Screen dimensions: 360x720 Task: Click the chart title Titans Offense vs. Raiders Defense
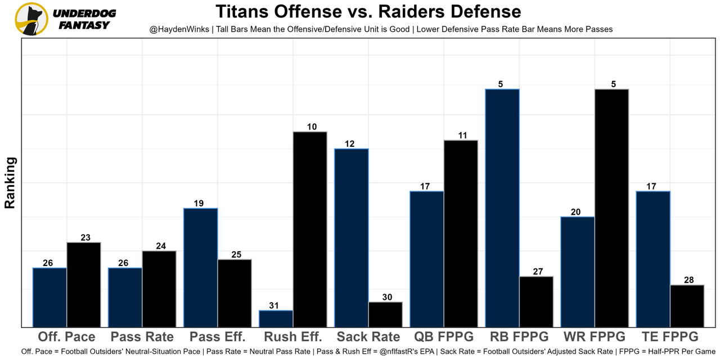tap(368, 11)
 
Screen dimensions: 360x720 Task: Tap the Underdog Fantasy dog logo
tap(31, 19)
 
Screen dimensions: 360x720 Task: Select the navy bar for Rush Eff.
tap(276, 318)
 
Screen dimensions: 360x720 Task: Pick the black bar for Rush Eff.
tap(309, 229)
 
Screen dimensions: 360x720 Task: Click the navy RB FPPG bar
tap(502, 208)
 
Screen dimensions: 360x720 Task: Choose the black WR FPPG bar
tap(611, 208)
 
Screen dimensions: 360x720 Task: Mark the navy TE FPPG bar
tap(652, 259)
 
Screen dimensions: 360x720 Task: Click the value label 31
tap(274, 305)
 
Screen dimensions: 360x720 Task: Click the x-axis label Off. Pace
tap(66, 337)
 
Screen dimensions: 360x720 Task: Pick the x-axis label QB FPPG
tap(444, 337)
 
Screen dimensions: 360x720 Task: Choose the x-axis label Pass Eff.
tap(218, 337)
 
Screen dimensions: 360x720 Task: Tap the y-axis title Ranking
tap(10, 183)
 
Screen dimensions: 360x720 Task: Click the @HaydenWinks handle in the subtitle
tap(177, 29)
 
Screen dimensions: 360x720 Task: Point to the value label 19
tap(199, 204)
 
